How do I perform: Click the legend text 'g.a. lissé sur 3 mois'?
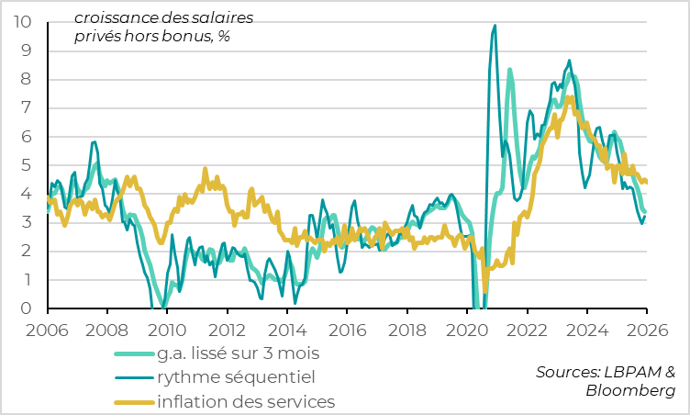coord(239,353)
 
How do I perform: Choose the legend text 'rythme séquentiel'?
coord(236,376)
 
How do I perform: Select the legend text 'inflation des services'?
coord(246,401)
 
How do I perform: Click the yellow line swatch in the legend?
coord(133,402)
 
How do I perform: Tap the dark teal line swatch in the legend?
coord(133,377)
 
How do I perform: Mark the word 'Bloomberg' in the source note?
coord(630,391)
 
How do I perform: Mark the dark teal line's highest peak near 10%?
coord(495,26)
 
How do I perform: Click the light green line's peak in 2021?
coord(509,70)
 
